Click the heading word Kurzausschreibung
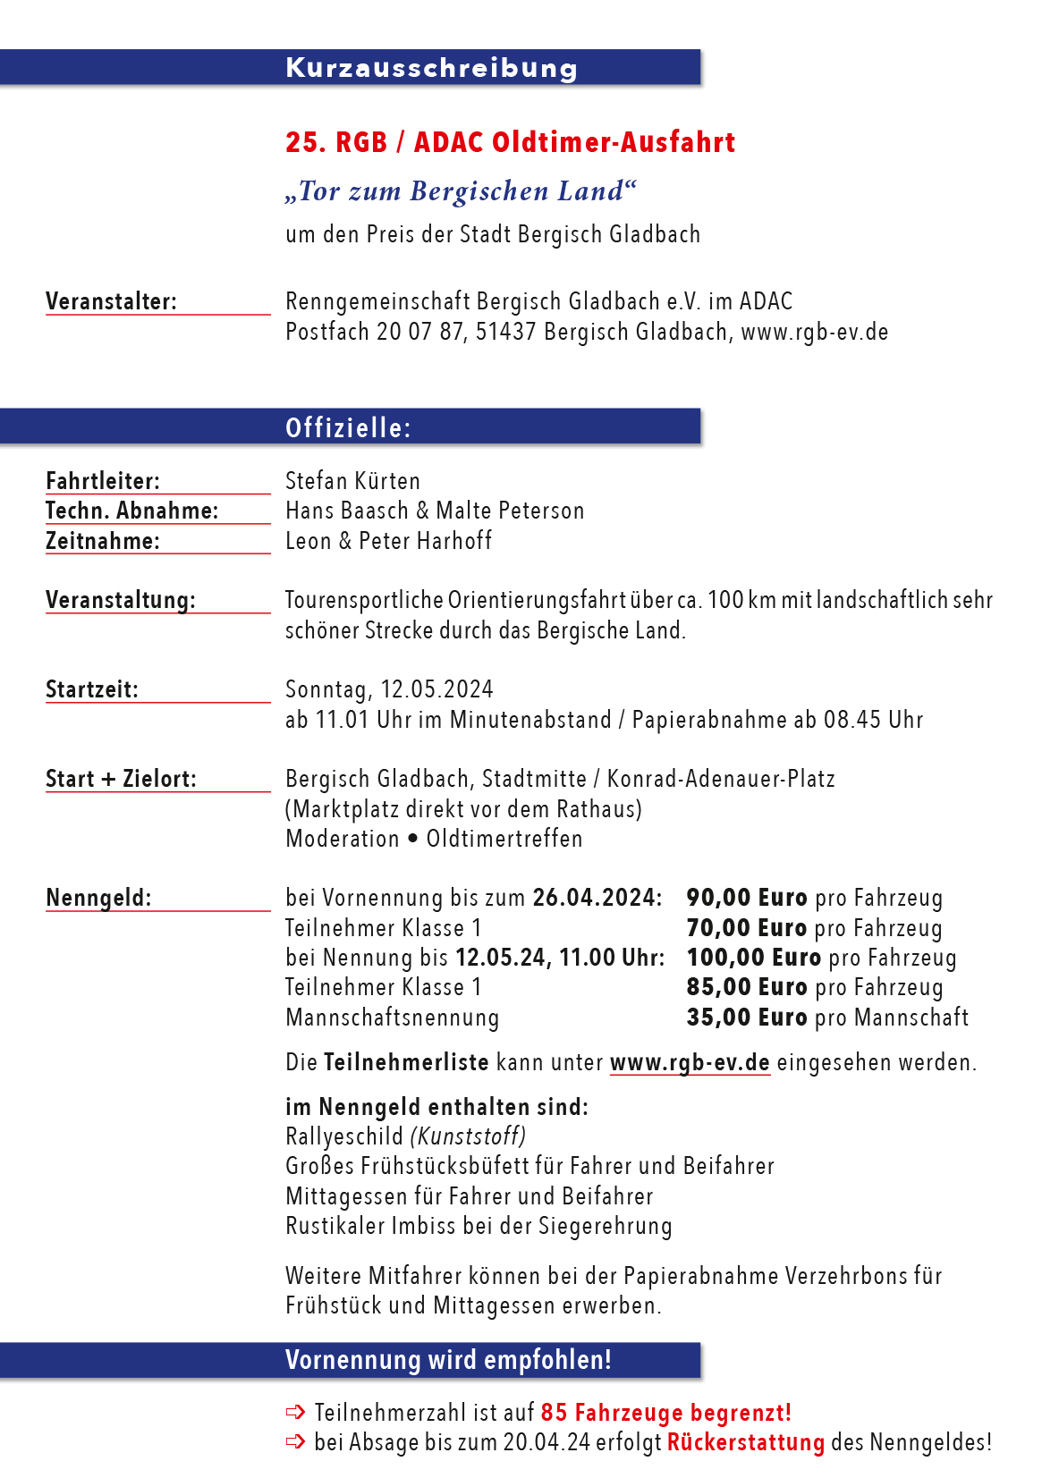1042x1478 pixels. point(431,68)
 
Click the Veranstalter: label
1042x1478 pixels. point(111,301)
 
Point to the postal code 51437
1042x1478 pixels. point(505,332)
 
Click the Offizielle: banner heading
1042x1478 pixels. point(348,428)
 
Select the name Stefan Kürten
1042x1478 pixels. point(352,481)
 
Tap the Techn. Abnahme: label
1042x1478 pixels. point(131,511)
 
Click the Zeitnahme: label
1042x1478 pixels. point(102,541)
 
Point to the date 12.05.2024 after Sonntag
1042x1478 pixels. point(436,689)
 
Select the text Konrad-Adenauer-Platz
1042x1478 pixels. point(721,779)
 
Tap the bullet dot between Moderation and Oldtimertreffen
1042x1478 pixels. point(412,839)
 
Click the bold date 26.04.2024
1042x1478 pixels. point(597,898)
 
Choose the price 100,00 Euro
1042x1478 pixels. point(753,958)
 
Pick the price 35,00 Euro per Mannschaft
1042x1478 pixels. point(747,1018)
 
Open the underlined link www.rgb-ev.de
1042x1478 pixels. point(690,1062)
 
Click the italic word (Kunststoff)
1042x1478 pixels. point(468,1136)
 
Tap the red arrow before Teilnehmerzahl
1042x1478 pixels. point(295,1413)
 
